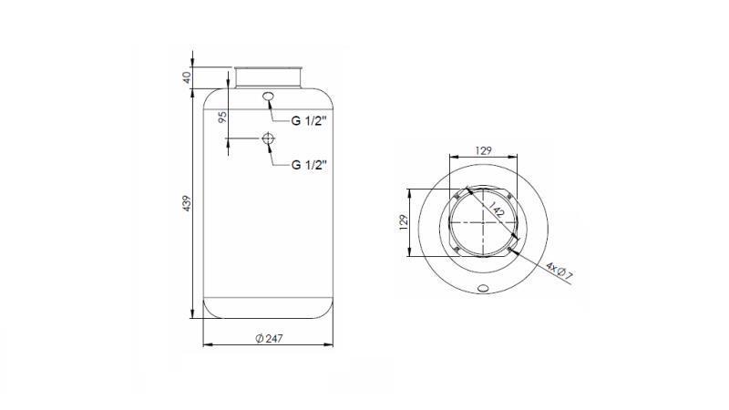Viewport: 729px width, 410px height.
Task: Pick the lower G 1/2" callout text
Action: [311, 165]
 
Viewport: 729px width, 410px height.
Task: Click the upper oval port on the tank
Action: [268, 97]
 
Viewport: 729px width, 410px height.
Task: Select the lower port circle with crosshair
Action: [267, 138]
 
